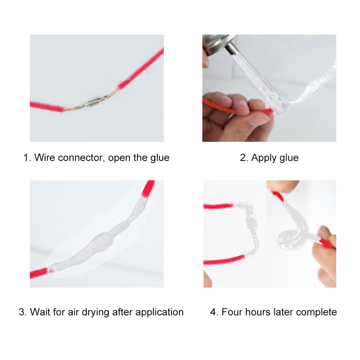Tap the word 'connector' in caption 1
[x=81, y=158]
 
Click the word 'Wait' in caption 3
[x=40, y=312]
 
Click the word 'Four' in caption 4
[x=231, y=312]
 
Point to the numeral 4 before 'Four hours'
[x=213, y=313]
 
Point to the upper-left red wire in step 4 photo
[x=218, y=206]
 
